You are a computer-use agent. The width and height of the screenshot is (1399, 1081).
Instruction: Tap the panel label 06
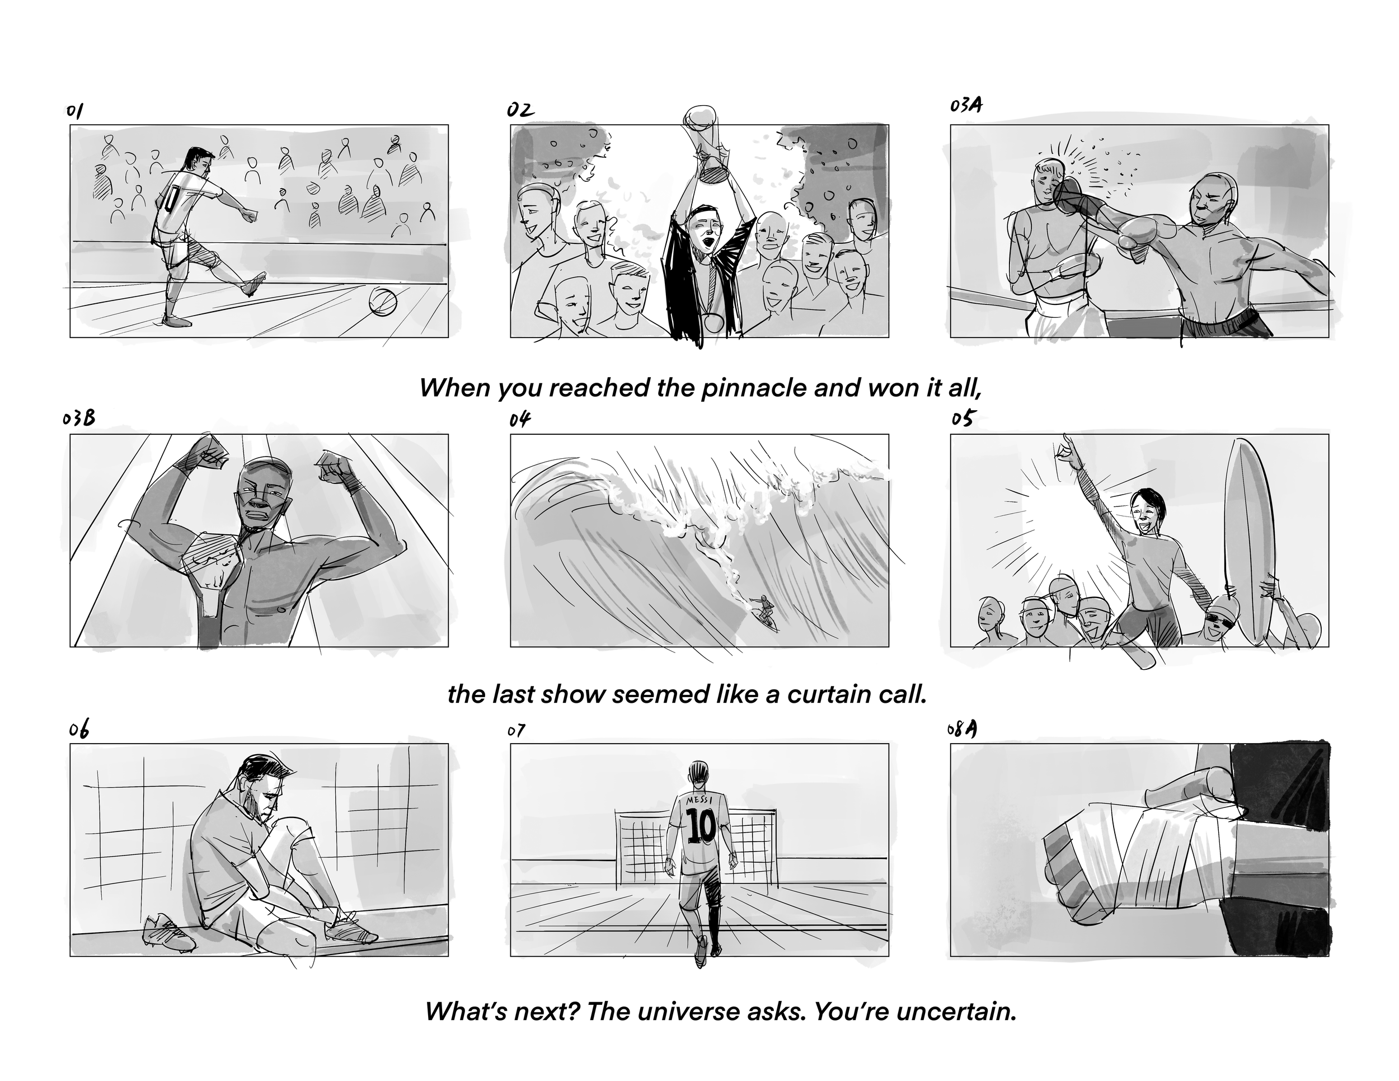(x=79, y=730)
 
